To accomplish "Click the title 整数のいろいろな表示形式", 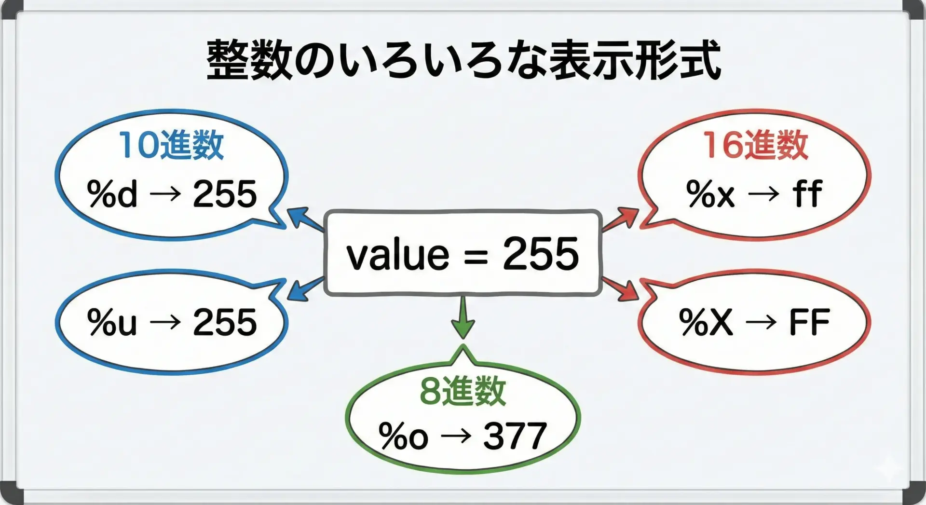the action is tap(463, 60).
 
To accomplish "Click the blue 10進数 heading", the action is tap(172, 145).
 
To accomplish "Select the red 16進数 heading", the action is tap(755, 145).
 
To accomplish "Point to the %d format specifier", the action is tap(112, 194).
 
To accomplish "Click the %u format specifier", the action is tap(112, 322).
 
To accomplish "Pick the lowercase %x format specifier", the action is tap(710, 194).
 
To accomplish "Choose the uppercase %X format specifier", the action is tap(706, 322).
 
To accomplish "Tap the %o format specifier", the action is tap(404, 436).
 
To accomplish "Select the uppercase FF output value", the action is tap(809, 322).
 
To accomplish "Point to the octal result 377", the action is tap(515, 436).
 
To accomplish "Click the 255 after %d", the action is tap(225, 194).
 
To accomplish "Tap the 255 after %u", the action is tap(225, 322).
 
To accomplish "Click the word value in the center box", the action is tap(398, 255).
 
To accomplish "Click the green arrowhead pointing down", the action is tap(463, 328).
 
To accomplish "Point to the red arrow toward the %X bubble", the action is tap(620, 289).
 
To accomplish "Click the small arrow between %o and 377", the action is tap(456, 437).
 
